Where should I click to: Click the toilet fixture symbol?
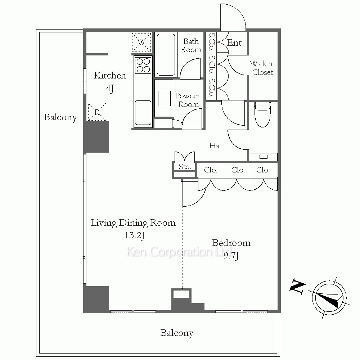tap(262, 114)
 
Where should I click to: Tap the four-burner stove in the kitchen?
tap(143, 66)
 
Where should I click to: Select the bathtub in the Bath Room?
tap(166, 54)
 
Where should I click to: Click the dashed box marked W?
tap(141, 42)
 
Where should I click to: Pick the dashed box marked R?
tap(97, 112)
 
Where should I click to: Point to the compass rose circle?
tap(329, 298)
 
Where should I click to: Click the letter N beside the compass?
tap(297, 286)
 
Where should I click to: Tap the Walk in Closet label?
tap(262, 68)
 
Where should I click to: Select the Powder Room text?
tap(188, 100)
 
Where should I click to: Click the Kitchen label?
tap(110, 76)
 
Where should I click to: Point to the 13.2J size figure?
tap(134, 235)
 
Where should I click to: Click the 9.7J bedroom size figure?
tap(231, 256)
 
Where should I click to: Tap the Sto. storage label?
tap(185, 167)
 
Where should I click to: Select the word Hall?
tap(216, 145)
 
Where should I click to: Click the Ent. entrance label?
tap(235, 43)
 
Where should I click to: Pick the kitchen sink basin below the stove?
tap(143, 113)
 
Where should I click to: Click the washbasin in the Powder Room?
tap(164, 98)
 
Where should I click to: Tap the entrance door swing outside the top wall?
tap(233, 17)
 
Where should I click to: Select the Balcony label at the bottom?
tap(177, 333)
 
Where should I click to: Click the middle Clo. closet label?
tap(238, 170)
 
